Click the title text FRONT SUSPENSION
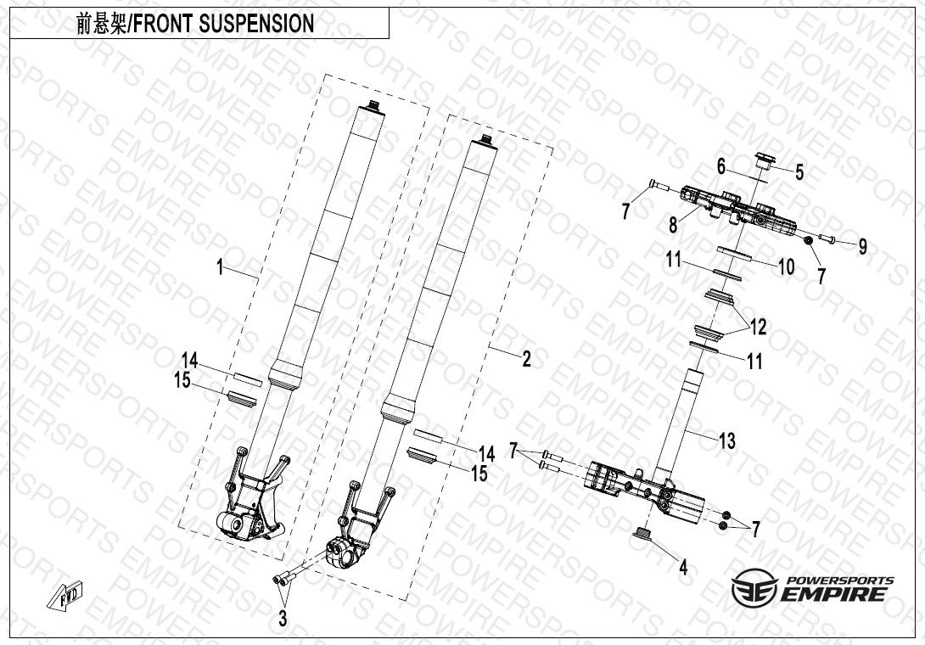point(231,24)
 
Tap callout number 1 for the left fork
point(221,268)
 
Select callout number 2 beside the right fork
point(527,359)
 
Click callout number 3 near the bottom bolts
point(283,619)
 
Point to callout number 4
point(683,567)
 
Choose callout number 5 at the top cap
point(799,172)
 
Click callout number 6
point(721,166)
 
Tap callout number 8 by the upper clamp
point(673,225)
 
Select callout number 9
point(862,246)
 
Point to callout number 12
point(757,325)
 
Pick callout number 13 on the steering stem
point(726,440)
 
